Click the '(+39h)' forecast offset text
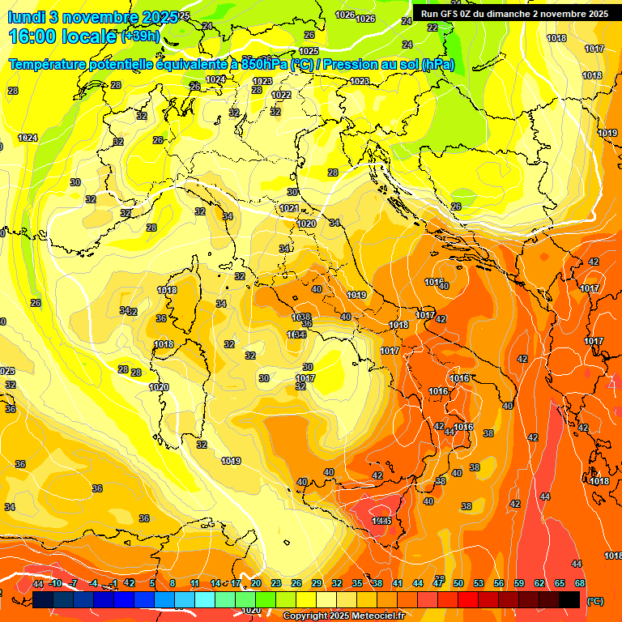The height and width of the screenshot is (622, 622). pyautogui.click(x=140, y=36)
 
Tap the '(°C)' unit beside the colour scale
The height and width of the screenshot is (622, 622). pyautogui.click(x=594, y=600)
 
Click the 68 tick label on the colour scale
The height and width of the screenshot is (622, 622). pyautogui.click(x=579, y=583)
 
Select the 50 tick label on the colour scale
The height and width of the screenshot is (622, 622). pyautogui.click(x=458, y=583)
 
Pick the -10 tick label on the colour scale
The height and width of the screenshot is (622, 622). pyautogui.click(x=55, y=583)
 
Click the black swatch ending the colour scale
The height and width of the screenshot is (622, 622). pyautogui.click(x=569, y=599)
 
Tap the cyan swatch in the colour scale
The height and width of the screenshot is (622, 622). pyautogui.click(x=205, y=599)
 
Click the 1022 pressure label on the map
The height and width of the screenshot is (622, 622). pyautogui.click(x=281, y=95)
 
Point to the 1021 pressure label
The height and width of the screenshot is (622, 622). pyautogui.click(x=289, y=208)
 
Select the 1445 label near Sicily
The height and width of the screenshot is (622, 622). pyautogui.click(x=381, y=521)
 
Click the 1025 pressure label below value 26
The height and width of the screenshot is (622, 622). pyautogui.click(x=309, y=50)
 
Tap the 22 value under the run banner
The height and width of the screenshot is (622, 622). pyautogui.click(x=432, y=28)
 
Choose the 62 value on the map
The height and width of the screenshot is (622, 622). pyautogui.click(x=539, y=446)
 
